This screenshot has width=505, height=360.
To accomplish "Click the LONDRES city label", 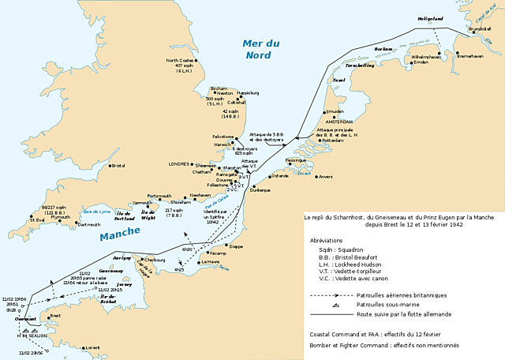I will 180,163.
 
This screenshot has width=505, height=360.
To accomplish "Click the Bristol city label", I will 118,166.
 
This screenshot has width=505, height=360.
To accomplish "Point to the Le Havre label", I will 211,261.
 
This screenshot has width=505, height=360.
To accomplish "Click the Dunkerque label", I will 260,190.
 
